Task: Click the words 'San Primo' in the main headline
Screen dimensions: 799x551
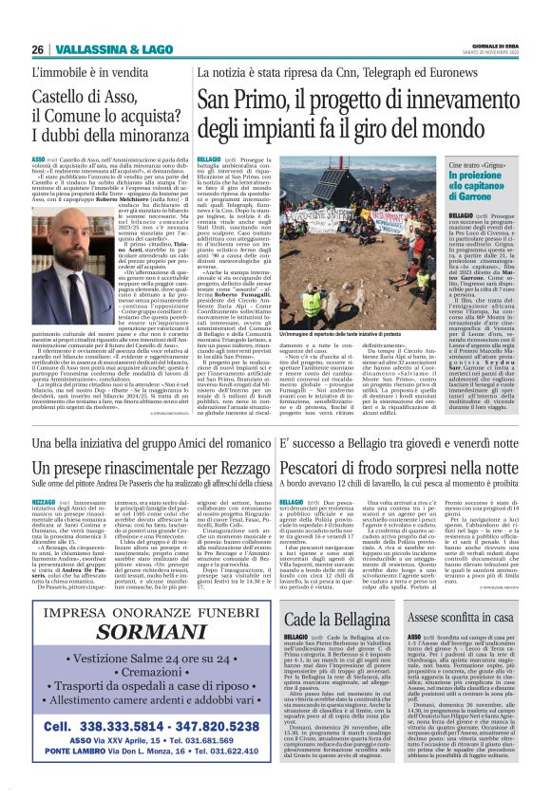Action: tap(249, 98)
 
